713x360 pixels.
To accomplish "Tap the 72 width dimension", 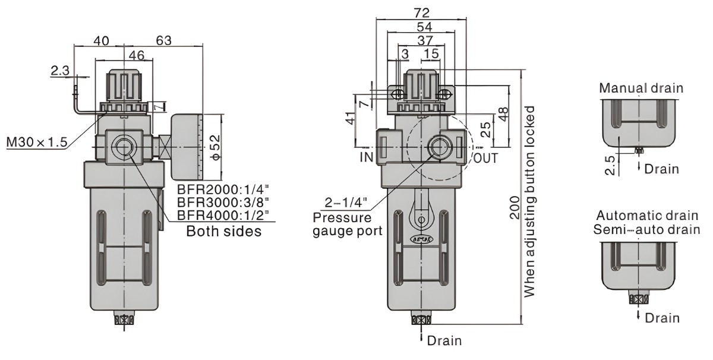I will (x=422, y=12).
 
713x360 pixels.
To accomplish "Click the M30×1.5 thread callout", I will (x=37, y=143).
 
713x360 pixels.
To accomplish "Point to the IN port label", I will (x=366, y=157).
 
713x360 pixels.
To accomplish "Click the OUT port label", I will (x=485, y=158).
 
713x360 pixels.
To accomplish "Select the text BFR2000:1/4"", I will (x=223, y=191).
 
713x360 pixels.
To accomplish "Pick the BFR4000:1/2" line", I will (x=223, y=216).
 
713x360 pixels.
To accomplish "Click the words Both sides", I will (x=223, y=231).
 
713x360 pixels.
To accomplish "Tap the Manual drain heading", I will (x=641, y=89).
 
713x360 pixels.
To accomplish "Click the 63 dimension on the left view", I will (x=163, y=40).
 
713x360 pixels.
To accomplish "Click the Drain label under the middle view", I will (x=444, y=340).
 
